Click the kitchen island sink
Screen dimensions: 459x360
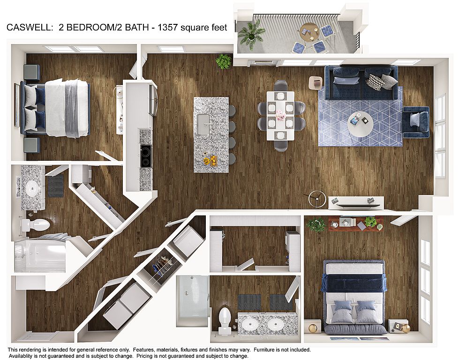click(x=203, y=124)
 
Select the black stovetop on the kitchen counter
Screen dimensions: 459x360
click(x=146, y=156)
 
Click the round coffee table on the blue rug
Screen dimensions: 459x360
click(x=361, y=124)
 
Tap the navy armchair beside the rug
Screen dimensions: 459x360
click(x=416, y=122)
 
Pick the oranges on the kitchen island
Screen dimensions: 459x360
click(x=211, y=160)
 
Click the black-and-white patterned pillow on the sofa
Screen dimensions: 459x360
click(x=376, y=82)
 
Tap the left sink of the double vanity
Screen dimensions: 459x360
click(x=250, y=324)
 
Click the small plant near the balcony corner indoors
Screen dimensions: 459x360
click(x=223, y=61)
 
